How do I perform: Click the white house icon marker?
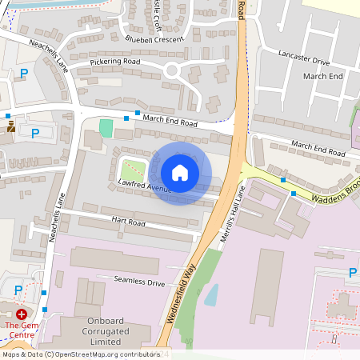pos(180,173)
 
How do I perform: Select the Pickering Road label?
pos(115,62)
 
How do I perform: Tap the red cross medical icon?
pos(21,315)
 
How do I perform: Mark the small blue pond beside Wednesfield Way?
pos(210,295)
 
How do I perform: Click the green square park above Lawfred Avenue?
pos(133,170)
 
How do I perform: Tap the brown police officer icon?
pos(10,126)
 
